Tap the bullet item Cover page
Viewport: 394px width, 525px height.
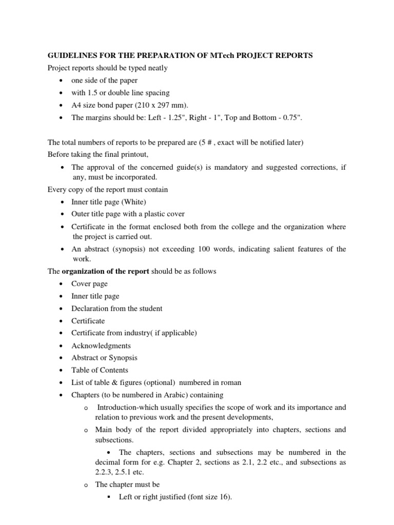(90, 284)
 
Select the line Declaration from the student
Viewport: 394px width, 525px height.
(117, 309)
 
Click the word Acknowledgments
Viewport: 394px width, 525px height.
(101, 346)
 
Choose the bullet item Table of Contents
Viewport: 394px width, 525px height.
(100, 370)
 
